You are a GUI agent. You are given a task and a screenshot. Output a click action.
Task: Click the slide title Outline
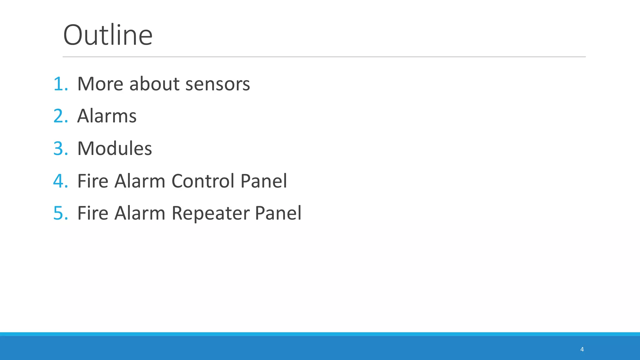point(108,35)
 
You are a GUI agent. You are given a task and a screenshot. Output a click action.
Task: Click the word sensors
point(217,84)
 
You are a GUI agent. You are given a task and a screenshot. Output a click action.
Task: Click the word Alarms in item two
point(107,116)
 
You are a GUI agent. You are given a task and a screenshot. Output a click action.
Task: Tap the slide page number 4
point(582,349)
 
